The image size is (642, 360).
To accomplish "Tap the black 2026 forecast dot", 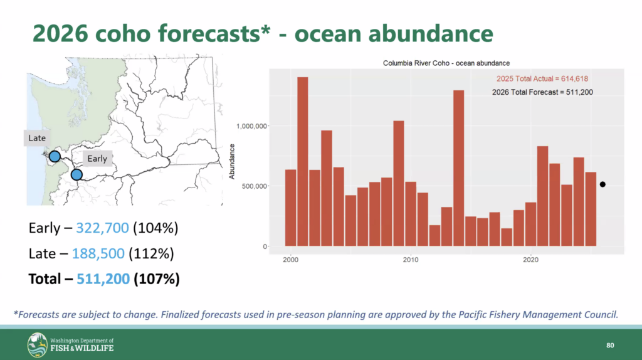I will (603, 184).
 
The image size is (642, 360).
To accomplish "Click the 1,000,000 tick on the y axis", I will (253, 126).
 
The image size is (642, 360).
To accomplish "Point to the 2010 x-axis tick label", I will (411, 260).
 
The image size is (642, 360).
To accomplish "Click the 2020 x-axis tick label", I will (531, 260).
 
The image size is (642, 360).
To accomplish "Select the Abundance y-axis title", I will (233, 161).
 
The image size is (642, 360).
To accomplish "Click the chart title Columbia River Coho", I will (446, 63).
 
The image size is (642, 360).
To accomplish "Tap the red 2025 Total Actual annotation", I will (542, 79).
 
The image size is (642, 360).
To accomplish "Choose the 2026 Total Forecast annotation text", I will (542, 92).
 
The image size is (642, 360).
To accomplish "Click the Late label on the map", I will (37, 138).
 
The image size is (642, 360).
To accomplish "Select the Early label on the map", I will (97, 159).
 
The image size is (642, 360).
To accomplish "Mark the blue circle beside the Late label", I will (55, 156).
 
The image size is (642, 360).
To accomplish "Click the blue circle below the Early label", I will (76, 174).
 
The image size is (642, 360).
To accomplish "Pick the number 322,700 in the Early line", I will (103, 227).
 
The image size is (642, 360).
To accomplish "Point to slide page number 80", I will (610, 346).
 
